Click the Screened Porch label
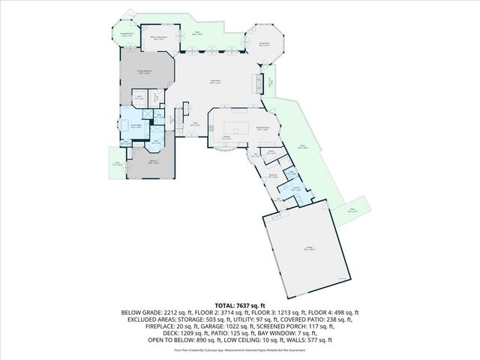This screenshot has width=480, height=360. click(127, 34)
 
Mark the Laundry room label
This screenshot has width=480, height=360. click(295, 190)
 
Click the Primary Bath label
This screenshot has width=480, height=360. click(137, 127)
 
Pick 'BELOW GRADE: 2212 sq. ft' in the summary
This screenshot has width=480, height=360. click(148, 313)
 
